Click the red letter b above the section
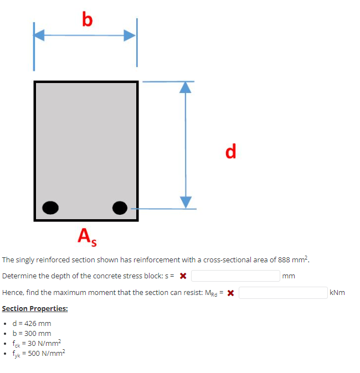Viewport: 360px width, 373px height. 87,20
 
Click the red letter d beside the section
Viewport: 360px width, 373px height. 231,151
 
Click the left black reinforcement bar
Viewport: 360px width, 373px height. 51,208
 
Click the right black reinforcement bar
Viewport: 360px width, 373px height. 120,208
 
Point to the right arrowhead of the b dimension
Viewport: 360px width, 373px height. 130,35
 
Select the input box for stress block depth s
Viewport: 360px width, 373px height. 236,276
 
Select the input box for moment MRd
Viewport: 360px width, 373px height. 283,292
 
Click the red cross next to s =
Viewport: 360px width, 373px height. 183,276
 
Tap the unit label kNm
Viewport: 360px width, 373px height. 337,292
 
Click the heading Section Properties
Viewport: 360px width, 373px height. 35,309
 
